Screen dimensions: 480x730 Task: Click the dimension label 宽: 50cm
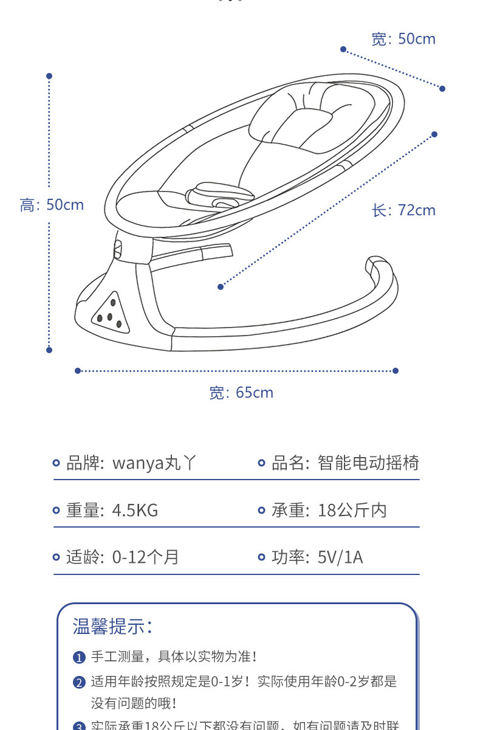pyautogui.click(x=403, y=40)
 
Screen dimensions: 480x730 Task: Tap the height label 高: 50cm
pyautogui.click(x=52, y=205)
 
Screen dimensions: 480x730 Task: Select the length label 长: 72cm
pyautogui.click(x=404, y=210)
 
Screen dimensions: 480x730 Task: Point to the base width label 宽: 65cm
pyautogui.click(x=241, y=393)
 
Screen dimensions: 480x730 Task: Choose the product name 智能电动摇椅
pyautogui.click(x=368, y=463)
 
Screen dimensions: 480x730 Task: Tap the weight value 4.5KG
pyautogui.click(x=135, y=510)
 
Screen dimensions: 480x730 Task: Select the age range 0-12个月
pyautogui.click(x=146, y=557)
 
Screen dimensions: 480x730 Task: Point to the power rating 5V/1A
pyautogui.click(x=340, y=557)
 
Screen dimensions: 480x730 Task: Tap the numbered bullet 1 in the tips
pyautogui.click(x=79, y=658)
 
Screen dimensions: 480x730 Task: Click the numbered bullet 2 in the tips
pyautogui.click(x=79, y=683)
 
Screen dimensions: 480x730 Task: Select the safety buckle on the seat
pyautogui.click(x=220, y=196)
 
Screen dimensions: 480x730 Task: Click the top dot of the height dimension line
pyautogui.click(x=49, y=76)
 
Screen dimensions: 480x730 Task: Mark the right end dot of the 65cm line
pyautogui.click(x=396, y=370)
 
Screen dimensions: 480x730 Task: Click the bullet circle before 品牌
pyautogui.click(x=57, y=464)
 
